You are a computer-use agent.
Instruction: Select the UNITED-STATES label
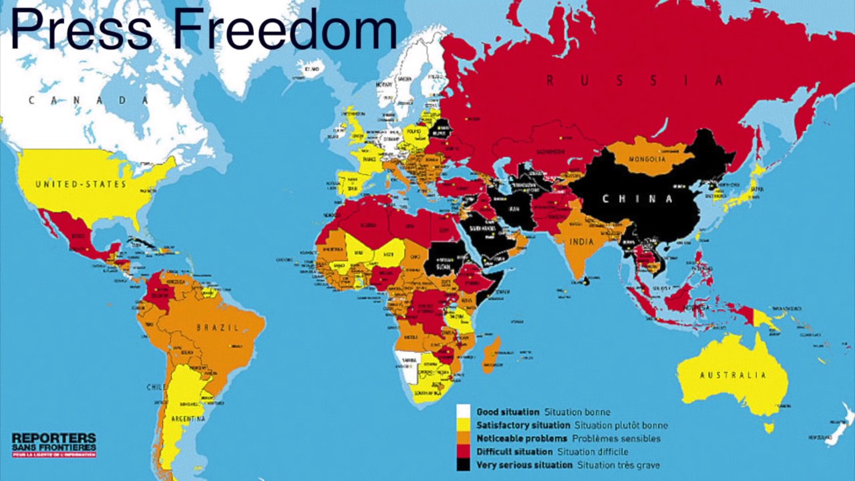pos(81,184)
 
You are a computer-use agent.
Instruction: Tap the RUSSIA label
pos(634,81)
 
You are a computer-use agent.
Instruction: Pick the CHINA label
pos(637,198)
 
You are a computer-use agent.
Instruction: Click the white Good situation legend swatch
pos(464,412)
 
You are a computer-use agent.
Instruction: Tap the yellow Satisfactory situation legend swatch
pos(464,425)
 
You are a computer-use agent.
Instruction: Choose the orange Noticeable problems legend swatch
pos(464,438)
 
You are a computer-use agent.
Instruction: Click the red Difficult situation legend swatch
pos(464,452)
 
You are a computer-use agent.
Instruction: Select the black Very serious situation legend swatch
pos(464,465)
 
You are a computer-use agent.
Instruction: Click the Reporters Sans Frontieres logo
pos(53,444)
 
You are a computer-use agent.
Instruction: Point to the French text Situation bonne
pos(576,412)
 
